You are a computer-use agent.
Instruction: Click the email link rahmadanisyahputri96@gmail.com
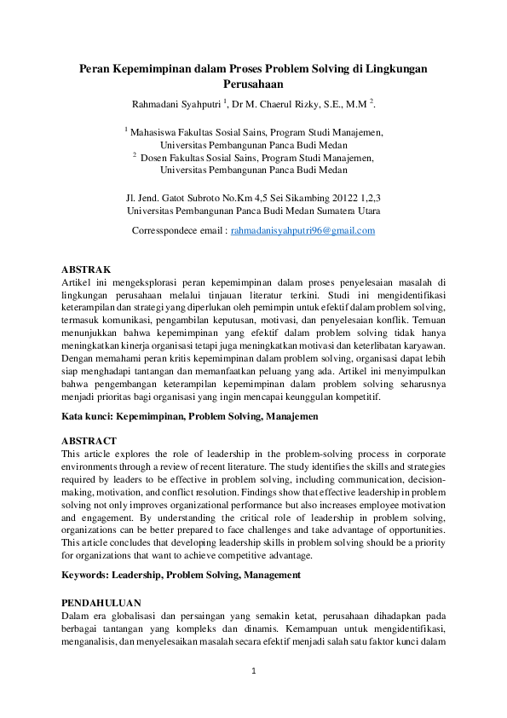pyautogui.click(x=303, y=231)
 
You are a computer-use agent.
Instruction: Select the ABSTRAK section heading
pyautogui.click(x=86, y=269)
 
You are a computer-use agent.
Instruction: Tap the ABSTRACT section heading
pyautogui.click(x=89, y=441)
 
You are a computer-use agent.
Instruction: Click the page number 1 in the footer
pyautogui.click(x=253, y=672)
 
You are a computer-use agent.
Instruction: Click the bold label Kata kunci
pyautogui.click(x=87, y=417)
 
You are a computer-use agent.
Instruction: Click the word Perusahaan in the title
pyautogui.click(x=253, y=84)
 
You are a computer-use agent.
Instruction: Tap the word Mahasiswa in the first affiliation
pyautogui.click(x=156, y=132)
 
